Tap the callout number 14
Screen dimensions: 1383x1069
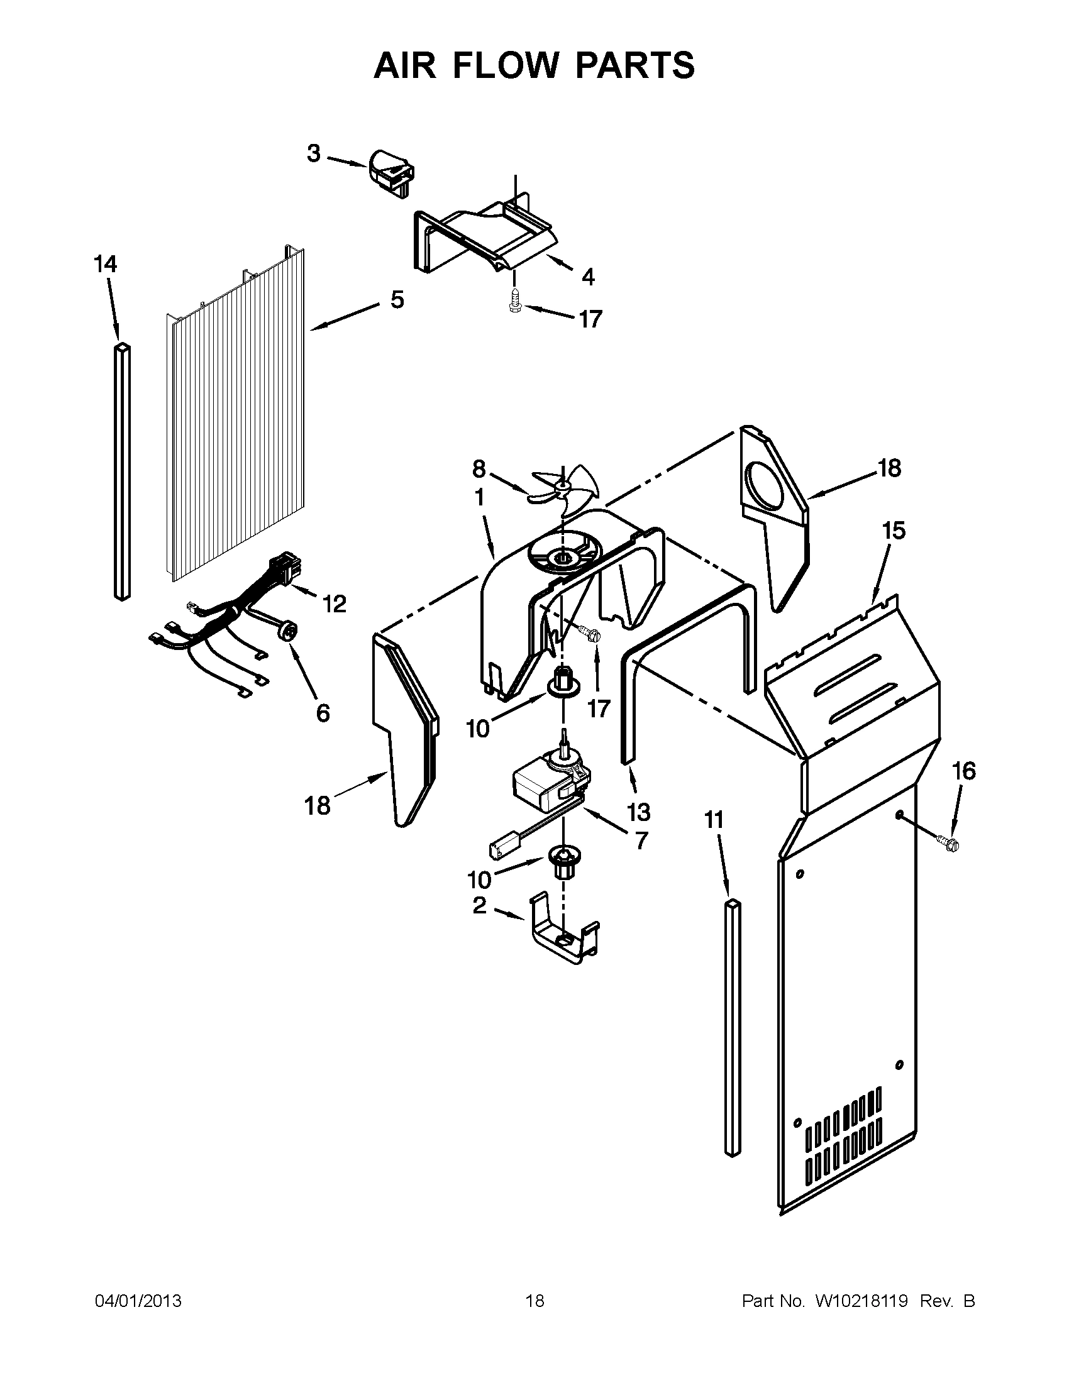(106, 263)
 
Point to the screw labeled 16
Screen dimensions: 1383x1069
(948, 842)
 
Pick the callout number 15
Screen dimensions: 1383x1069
(894, 531)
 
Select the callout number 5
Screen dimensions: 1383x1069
(397, 299)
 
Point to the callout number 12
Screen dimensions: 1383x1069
(335, 604)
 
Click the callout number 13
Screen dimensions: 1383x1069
(638, 811)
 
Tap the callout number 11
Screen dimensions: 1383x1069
(714, 820)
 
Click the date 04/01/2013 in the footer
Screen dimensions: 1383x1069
(138, 1301)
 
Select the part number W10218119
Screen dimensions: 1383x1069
(862, 1301)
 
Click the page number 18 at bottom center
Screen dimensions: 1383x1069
(534, 1301)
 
